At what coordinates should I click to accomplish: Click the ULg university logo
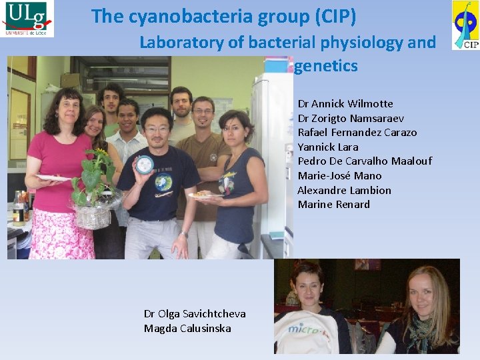pyautogui.click(x=27, y=19)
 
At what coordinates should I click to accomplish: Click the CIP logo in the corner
pyautogui.click(x=465, y=25)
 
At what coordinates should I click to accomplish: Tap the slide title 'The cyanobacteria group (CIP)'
pyautogui.click(x=223, y=16)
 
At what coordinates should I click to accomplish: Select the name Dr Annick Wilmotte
pyautogui.click(x=345, y=104)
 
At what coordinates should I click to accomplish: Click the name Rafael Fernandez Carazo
pyautogui.click(x=357, y=133)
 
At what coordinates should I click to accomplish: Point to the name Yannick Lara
pyautogui.click(x=327, y=147)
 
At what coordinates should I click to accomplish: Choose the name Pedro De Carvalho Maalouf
pyautogui.click(x=365, y=161)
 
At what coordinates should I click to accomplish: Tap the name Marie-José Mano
pyautogui.click(x=339, y=176)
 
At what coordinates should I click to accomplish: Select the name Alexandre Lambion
pyautogui.click(x=344, y=190)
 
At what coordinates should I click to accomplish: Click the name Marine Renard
pyautogui.click(x=333, y=205)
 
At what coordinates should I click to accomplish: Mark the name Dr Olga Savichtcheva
pyautogui.click(x=195, y=314)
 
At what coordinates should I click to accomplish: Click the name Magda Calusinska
pyautogui.click(x=187, y=328)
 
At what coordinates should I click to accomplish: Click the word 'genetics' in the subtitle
pyautogui.click(x=325, y=66)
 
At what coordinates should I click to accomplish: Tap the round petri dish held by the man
pyautogui.click(x=144, y=164)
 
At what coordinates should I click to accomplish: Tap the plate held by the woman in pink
pyautogui.click(x=53, y=178)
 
